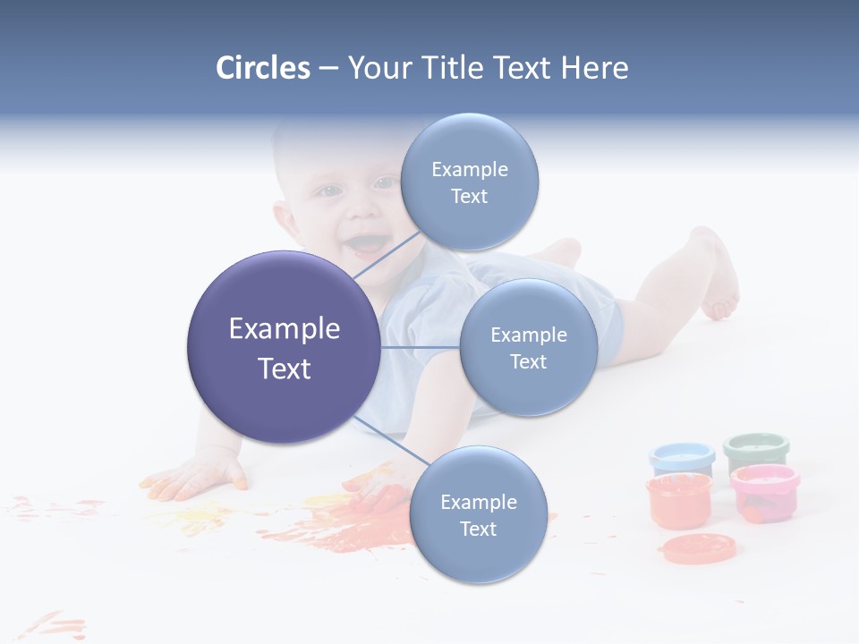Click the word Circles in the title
click(x=263, y=68)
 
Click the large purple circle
click(x=284, y=347)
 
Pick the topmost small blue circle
click(x=470, y=182)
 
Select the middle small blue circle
click(x=528, y=347)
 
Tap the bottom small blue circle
click(x=478, y=514)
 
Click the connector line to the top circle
click(x=387, y=257)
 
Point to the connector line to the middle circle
click(x=420, y=347)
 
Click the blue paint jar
click(x=682, y=458)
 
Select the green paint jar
click(x=756, y=451)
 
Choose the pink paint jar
click(x=763, y=492)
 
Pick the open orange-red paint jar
click(x=678, y=501)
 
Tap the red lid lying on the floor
click(x=697, y=547)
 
